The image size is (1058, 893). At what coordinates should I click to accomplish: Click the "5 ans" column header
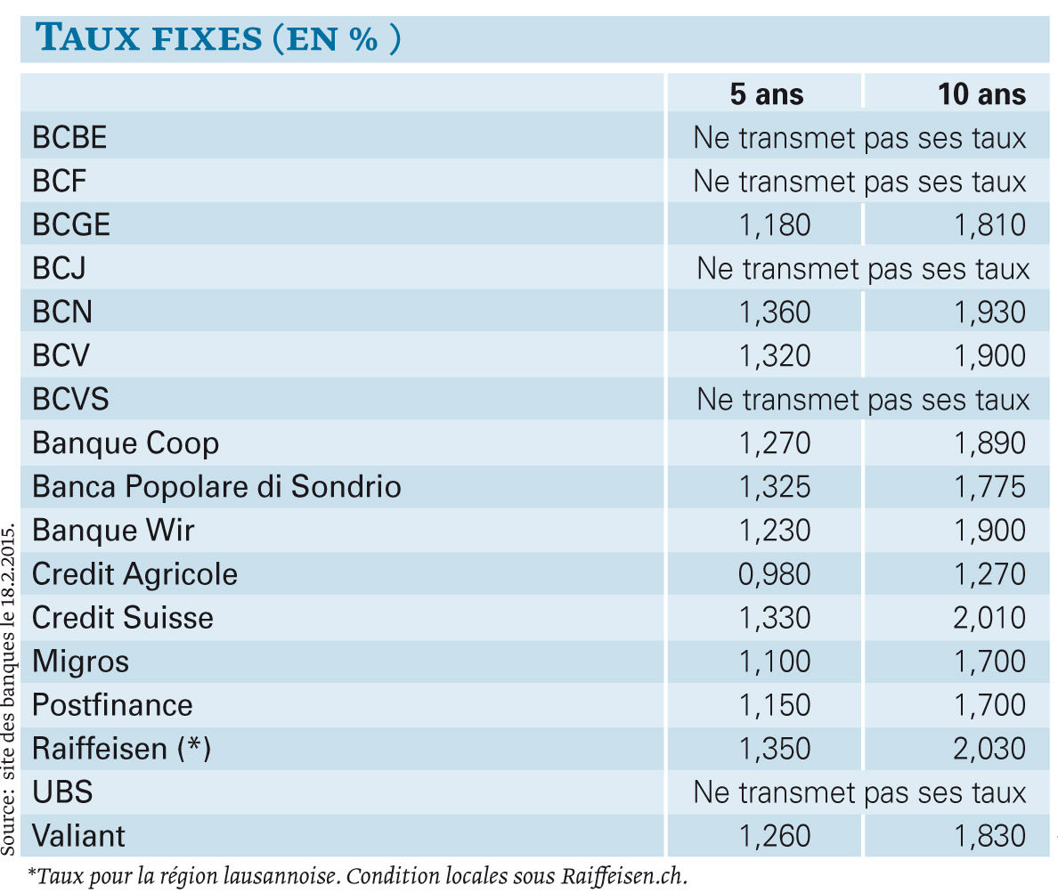click(767, 94)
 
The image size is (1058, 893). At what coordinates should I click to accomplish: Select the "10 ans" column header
click(981, 94)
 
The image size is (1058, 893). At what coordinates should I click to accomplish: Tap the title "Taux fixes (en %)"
click(218, 37)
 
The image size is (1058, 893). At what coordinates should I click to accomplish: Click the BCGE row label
click(71, 224)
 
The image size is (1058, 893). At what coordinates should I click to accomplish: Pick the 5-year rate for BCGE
click(775, 225)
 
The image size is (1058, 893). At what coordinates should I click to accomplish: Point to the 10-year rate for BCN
click(989, 313)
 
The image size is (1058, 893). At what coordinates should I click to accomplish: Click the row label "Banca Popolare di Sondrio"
click(216, 487)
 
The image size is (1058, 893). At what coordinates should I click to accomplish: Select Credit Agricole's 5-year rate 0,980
click(774, 574)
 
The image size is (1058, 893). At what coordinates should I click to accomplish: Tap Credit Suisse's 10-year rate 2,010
click(989, 618)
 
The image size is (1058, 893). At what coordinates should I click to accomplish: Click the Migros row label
click(80, 662)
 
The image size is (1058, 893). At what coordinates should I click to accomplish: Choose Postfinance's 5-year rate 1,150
click(775, 705)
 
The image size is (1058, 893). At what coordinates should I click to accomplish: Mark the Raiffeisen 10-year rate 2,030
click(989, 749)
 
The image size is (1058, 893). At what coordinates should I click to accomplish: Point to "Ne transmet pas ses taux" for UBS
click(859, 792)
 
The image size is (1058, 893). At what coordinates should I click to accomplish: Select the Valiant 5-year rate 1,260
click(775, 836)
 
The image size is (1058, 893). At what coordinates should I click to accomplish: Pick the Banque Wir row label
click(113, 531)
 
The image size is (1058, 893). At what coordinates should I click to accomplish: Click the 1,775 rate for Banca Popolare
click(989, 487)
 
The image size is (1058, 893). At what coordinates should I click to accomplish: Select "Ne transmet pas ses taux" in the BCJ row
click(863, 269)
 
